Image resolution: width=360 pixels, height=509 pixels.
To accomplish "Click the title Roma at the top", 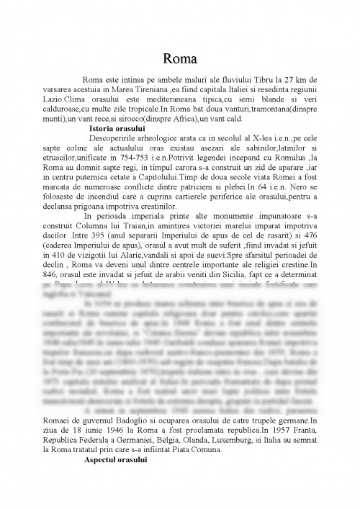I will point(180,58).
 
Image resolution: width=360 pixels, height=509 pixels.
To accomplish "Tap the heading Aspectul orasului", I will point(115,459).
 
